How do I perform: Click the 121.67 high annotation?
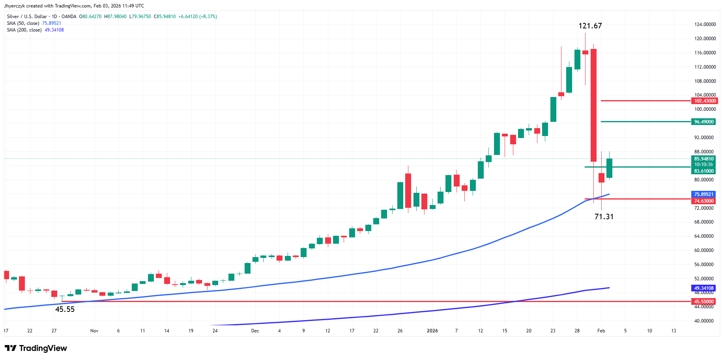[590, 26]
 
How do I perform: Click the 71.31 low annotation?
[604, 216]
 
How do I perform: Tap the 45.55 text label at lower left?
[65, 310]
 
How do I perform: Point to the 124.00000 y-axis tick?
[705, 24]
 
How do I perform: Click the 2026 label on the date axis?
[432, 331]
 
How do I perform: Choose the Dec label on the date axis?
[255, 331]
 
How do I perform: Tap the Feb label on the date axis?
[601, 331]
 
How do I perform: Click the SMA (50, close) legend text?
[23, 23]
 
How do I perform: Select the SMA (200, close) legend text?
[24, 30]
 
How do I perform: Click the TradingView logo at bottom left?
[36, 348]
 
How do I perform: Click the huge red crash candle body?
[593, 105]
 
